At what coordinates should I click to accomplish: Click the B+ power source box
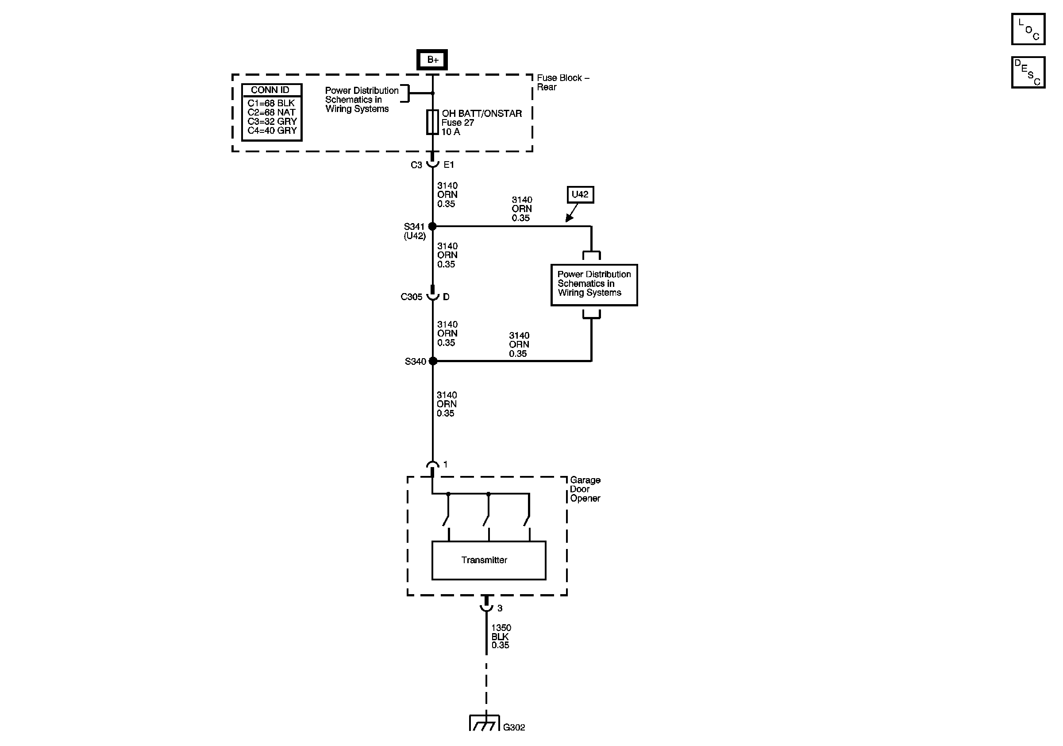click(432, 60)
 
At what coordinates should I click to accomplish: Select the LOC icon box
click(1028, 29)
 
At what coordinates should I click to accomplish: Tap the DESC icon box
click(1028, 72)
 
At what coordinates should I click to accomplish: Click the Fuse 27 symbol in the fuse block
click(432, 122)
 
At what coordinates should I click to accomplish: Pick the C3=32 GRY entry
click(272, 121)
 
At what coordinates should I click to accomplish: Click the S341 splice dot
click(432, 226)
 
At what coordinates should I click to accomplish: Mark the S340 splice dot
click(433, 361)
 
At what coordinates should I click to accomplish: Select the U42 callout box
click(580, 194)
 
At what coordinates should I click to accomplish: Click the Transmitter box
click(489, 560)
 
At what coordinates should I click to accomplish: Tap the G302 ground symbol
click(484, 723)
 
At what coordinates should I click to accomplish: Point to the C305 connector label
click(411, 297)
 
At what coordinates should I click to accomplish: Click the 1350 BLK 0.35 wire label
click(501, 636)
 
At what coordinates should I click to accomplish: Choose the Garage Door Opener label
click(585, 489)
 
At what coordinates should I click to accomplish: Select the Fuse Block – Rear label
click(562, 82)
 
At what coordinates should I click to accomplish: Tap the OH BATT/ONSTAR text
click(481, 113)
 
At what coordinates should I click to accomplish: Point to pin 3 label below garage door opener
click(500, 608)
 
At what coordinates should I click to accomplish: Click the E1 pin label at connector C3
click(449, 164)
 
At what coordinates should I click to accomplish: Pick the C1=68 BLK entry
click(271, 103)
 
